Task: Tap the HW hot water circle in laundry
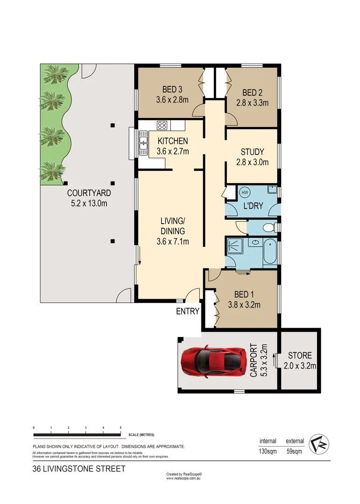point(244,192)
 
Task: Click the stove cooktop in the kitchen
point(162,125)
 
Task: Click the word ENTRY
point(188,311)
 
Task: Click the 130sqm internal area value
point(268,451)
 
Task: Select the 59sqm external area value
point(295,451)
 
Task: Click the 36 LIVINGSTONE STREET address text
point(79,469)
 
